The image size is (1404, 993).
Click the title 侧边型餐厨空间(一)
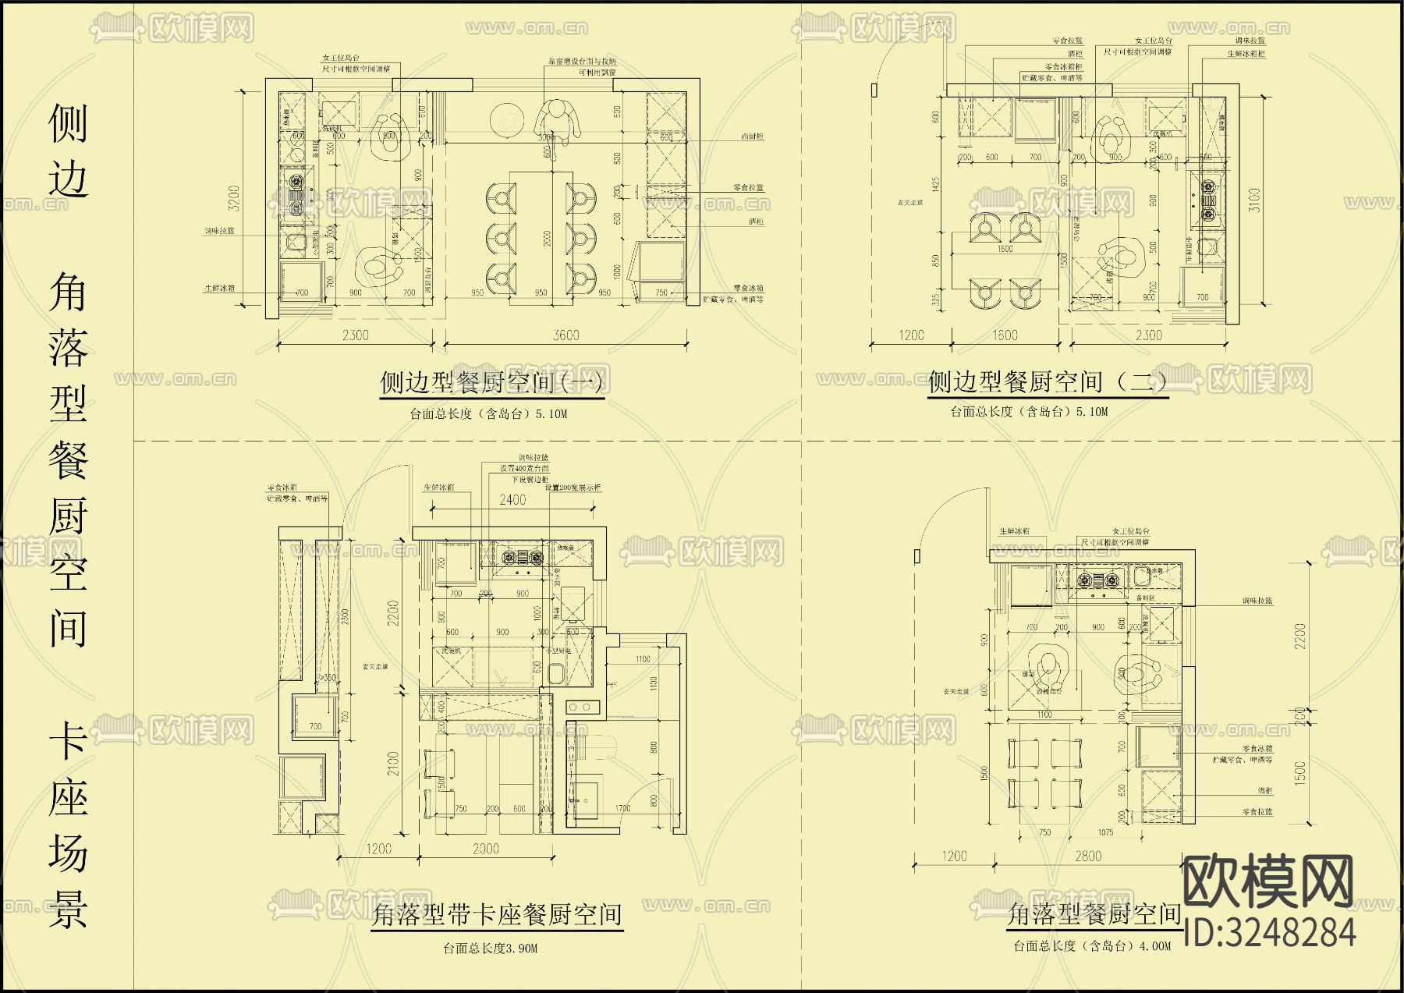click(x=491, y=383)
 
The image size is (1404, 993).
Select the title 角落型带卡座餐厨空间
click(x=496, y=914)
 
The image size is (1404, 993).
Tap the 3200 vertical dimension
click(x=233, y=200)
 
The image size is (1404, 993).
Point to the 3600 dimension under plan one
click(x=566, y=335)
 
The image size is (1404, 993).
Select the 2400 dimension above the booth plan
click(x=512, y=500)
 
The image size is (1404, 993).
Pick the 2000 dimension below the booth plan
click(x=485, y=849)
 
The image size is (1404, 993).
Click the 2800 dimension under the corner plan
click(x=1087, y=856)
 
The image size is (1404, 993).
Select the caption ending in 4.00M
click(x=1092, y=946)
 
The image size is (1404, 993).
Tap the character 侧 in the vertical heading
click(x=68, y=123)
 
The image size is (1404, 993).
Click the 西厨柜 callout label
click(x=752, y=137)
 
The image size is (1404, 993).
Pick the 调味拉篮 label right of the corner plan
click(x=1257, y=601)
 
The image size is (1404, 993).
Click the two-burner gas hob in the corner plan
click(x=1098, y=580)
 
